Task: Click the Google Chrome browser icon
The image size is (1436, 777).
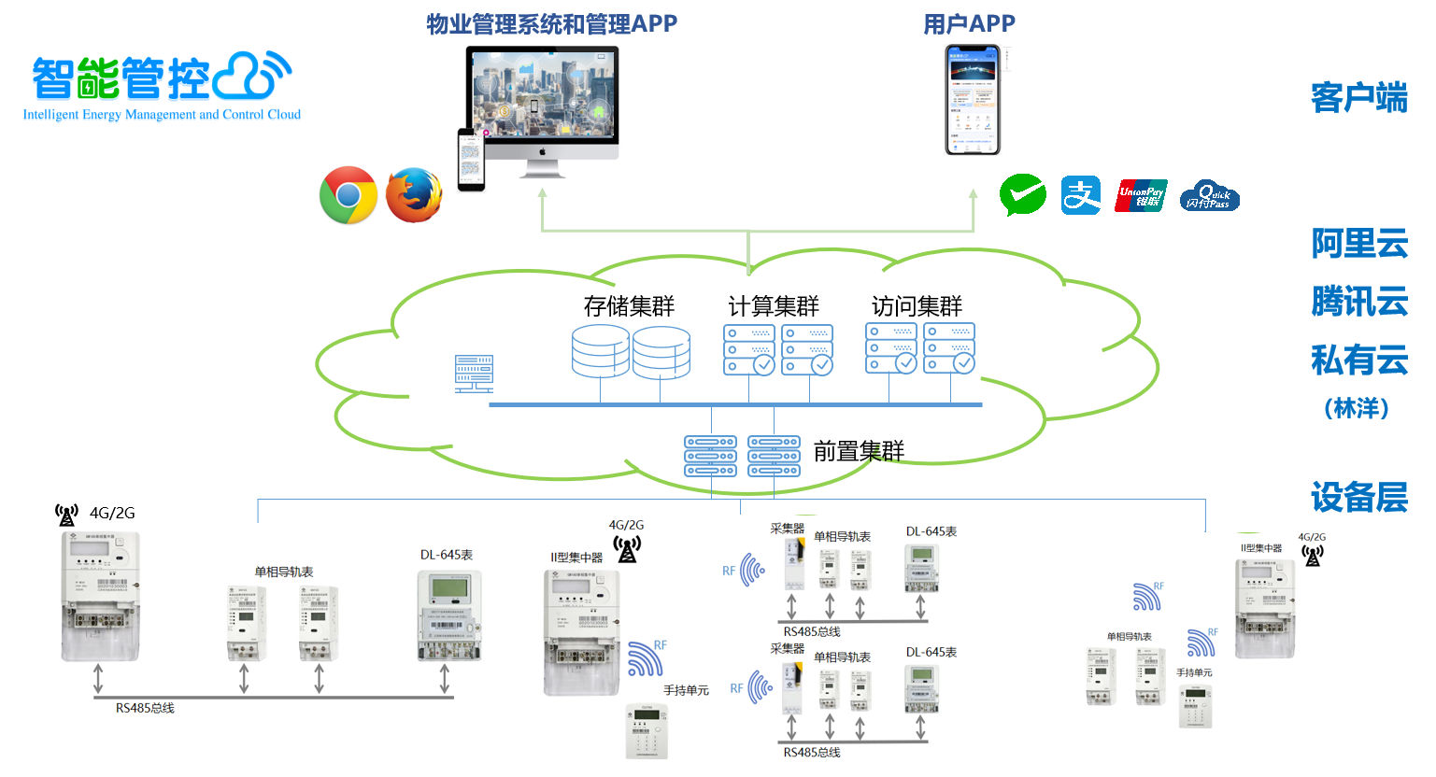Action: coord(348,195)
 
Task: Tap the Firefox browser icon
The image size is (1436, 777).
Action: coord(414,195)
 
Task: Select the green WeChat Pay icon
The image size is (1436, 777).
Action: coord(1022,195)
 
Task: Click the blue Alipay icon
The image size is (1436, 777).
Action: coord(1081,195)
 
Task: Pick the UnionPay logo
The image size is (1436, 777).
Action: coord(1141,196)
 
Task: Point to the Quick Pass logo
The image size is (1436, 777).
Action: coord(1209,196)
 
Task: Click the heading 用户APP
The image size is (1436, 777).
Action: coord(969,24)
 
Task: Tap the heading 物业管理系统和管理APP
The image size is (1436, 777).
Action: coord(551,24)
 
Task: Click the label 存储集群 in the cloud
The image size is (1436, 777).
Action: coord(629,306)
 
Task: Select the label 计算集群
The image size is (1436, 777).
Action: coord(774,306)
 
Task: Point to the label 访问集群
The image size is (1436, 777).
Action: coord(917,306)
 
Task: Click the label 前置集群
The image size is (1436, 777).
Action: coord(859,452)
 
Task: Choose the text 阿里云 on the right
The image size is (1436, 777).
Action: coord(1359,244)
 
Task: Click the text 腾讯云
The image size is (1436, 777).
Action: coord(1359,303)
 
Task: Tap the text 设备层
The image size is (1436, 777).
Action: coord(1359,498)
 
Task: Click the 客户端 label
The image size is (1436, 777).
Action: coord(1359,98)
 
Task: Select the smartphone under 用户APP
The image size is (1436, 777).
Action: coord(973,100)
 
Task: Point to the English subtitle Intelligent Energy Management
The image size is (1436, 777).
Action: coord(162,115)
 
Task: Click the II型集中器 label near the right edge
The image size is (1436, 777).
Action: coord(1261,548)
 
